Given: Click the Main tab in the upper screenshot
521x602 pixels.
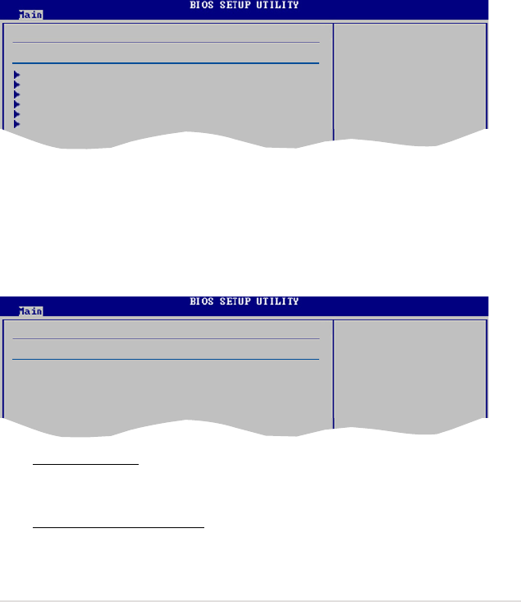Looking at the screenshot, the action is tap(30, 15).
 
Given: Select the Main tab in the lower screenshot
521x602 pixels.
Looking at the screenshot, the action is tap(30, 311).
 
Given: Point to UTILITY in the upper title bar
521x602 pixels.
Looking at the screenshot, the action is tap(277, 5).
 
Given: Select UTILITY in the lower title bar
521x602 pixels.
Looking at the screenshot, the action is tap(277, 301).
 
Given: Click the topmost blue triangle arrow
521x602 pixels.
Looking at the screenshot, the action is tap(16, 75).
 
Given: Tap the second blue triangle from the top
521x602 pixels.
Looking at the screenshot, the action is tap(16, 85).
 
